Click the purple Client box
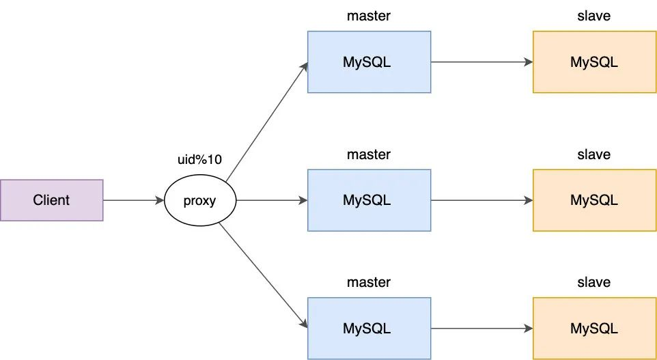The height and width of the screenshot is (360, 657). [x=51, y=200]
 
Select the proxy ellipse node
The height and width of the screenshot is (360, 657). [x=200, y=200]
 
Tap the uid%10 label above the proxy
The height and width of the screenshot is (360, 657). [x=200, y=160]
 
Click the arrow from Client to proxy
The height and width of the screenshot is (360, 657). [x=134, y=200]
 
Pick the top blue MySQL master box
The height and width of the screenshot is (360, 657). [x=369, y=62]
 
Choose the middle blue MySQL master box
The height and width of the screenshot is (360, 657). [x=369, y=200]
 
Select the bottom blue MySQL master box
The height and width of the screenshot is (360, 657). [x=369, y=328]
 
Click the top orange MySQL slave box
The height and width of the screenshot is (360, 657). [x=595, y=62]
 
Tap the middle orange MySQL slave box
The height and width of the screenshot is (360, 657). [x=595, y=200]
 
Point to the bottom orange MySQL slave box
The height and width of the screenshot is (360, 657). [x=595, y=328]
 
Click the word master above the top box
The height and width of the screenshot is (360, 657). [x=369, y=16]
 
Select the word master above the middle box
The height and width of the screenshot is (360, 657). [x=369, y=154]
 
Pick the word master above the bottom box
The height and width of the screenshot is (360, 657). [x=369, y=283]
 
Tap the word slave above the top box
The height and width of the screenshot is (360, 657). [x=593, y=16]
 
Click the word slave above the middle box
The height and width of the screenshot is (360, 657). [x=593, y=154]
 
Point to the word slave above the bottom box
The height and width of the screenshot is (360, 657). [x=593, y=283]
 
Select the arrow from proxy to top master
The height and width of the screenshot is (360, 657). [x=267, y=122]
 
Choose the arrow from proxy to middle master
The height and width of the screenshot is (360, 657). [x=272, y=200]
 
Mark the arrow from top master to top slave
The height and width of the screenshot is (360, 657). [x=482, y=62]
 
